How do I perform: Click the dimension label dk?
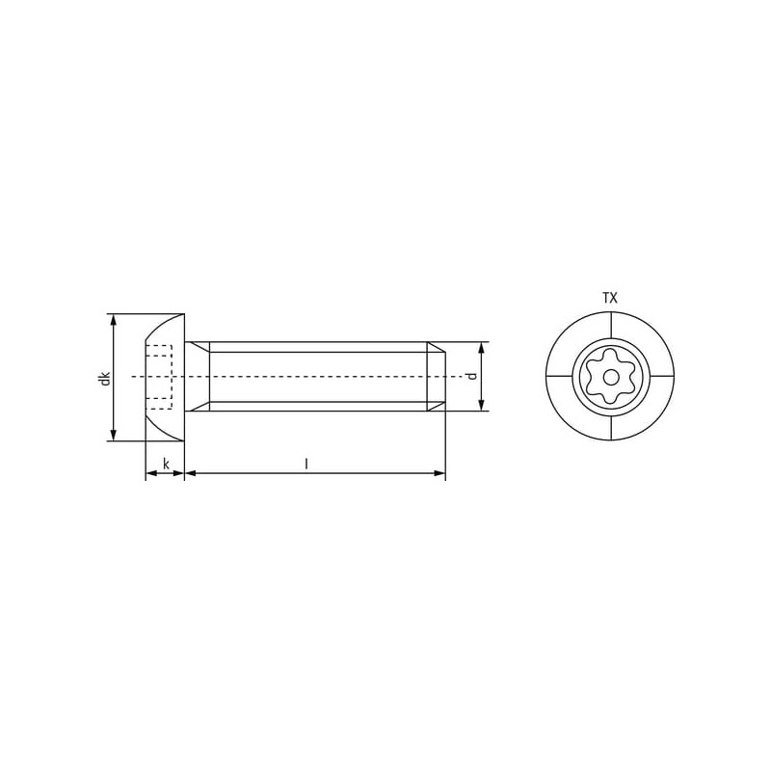[105, 379]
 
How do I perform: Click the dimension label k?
[166, 464]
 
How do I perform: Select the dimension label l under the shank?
[306, 464]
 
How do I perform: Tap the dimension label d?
[472, 376]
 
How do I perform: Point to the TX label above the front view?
[610, 298]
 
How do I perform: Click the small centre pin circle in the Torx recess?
[611, 378]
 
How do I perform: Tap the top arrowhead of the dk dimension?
[114, 320]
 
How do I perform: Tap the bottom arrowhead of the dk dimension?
[114, 436]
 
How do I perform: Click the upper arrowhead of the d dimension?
[482, 348]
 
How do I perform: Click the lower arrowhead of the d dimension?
[482, 404]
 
